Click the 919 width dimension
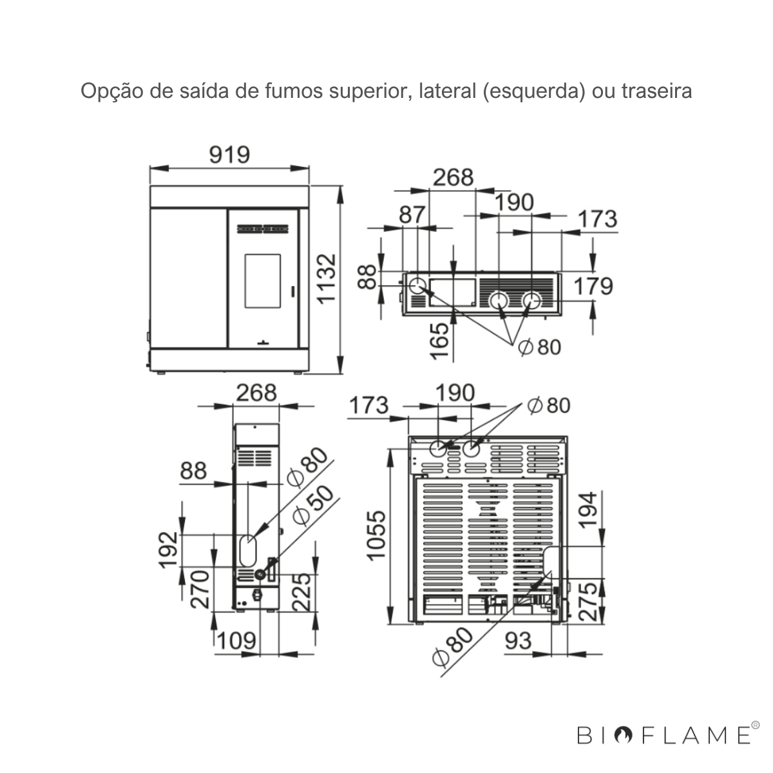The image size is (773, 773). [x=229, y=155]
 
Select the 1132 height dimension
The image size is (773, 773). [x=326, y=278]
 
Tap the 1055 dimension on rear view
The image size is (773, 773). [x=376, y=535]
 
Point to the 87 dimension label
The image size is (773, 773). [x=412, y=215]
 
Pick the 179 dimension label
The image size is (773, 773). [x=593, y=286]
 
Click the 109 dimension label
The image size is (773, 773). [x=236, y=640]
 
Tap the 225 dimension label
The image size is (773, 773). [x=301, y=592]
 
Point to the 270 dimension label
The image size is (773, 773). [x=200, y=589]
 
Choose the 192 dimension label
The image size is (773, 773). [x=169, y=550]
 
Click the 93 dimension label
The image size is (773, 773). [x=519, y=640]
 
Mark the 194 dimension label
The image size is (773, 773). [x=587, y=511]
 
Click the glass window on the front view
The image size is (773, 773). [x=263, y=281]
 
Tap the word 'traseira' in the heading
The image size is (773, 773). [x=656, y=91]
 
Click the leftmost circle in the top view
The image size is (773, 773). [x=418, y=286]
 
